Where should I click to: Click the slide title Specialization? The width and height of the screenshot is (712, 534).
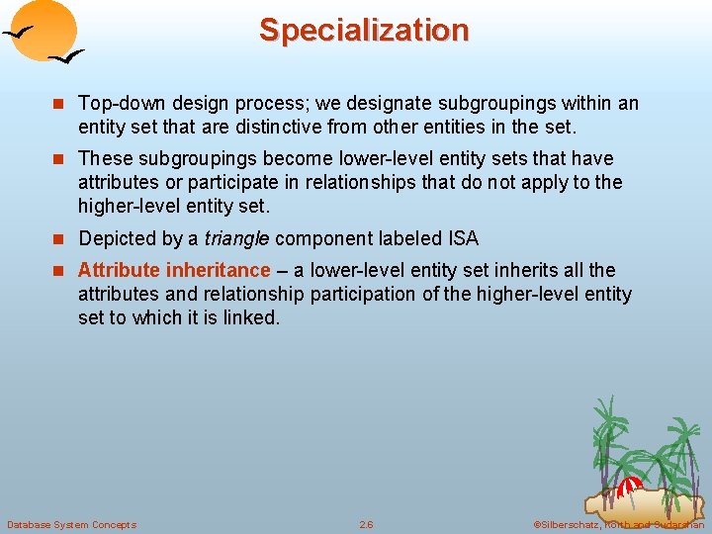pos(363,31)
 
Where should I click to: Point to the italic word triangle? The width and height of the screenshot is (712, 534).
pos(238,238)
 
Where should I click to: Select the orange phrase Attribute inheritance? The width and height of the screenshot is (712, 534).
pos(174,270)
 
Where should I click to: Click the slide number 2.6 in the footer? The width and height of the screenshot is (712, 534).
pos(366,524)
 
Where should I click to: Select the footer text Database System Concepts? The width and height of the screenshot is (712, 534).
pos(71,524)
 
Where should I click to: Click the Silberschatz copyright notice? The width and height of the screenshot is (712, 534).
pos(618,524)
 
